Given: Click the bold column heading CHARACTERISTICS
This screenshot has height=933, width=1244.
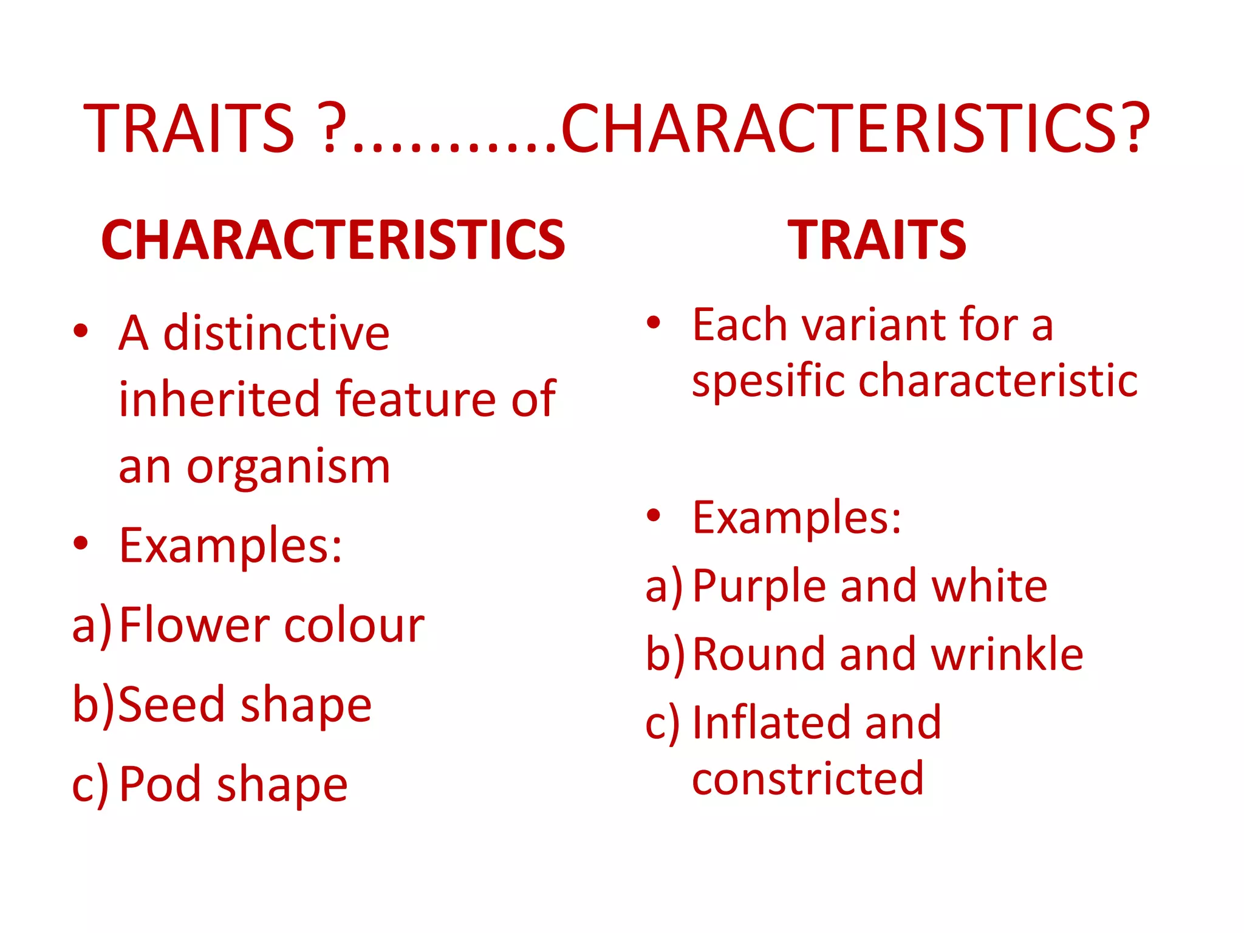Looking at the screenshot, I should (x=333, y=241).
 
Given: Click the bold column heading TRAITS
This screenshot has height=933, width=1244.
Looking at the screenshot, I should (x=877, y=241).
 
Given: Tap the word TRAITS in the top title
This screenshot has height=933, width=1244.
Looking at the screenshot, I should (x=189, y=129).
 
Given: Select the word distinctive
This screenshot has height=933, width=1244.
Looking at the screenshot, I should (x=276, y=333).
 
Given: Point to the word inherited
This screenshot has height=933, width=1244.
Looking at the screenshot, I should (x=219, y=399).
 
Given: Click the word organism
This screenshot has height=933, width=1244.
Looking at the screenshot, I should (x=288, y=468).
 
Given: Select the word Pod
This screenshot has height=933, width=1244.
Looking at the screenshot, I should (x=160, y=784).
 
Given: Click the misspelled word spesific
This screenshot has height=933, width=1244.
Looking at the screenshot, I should (x=768, y=382).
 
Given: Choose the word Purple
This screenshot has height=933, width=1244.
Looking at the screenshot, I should (x=760, y=587).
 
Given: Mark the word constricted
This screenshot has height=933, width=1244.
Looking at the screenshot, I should (x=807, y=779).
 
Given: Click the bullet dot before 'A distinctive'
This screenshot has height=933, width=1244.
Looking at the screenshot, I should (x=80, y=331).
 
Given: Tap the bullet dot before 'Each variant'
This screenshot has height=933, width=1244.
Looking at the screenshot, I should (x=653, y=322).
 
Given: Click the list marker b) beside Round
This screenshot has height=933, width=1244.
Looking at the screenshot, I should (x=665, y=655).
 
